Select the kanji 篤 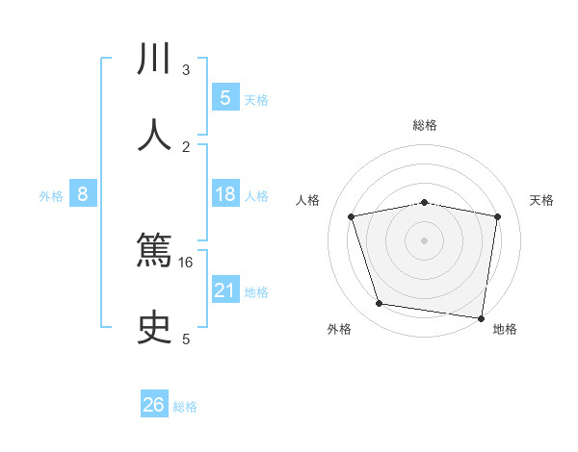(x=154, y=256)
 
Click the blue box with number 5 (x=224, y=98)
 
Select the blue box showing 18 (x=224, y=194)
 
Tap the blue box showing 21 (x=224, y=290)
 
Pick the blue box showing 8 (x=83, y=194)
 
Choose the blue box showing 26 (x=154, y=405)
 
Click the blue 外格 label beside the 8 (x=51, y=196)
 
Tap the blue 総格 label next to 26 (x=185, y=407)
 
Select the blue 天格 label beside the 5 (x=256, y=100)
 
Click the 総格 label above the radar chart (x=425, y=125)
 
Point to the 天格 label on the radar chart (x=542, y=200)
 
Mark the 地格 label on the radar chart (x=505, y=330)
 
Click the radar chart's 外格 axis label (x=339, y=330)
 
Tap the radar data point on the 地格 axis (x=481, y=316)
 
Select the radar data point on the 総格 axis (x=425, y=202)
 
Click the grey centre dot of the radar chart (x=425, y=239)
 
